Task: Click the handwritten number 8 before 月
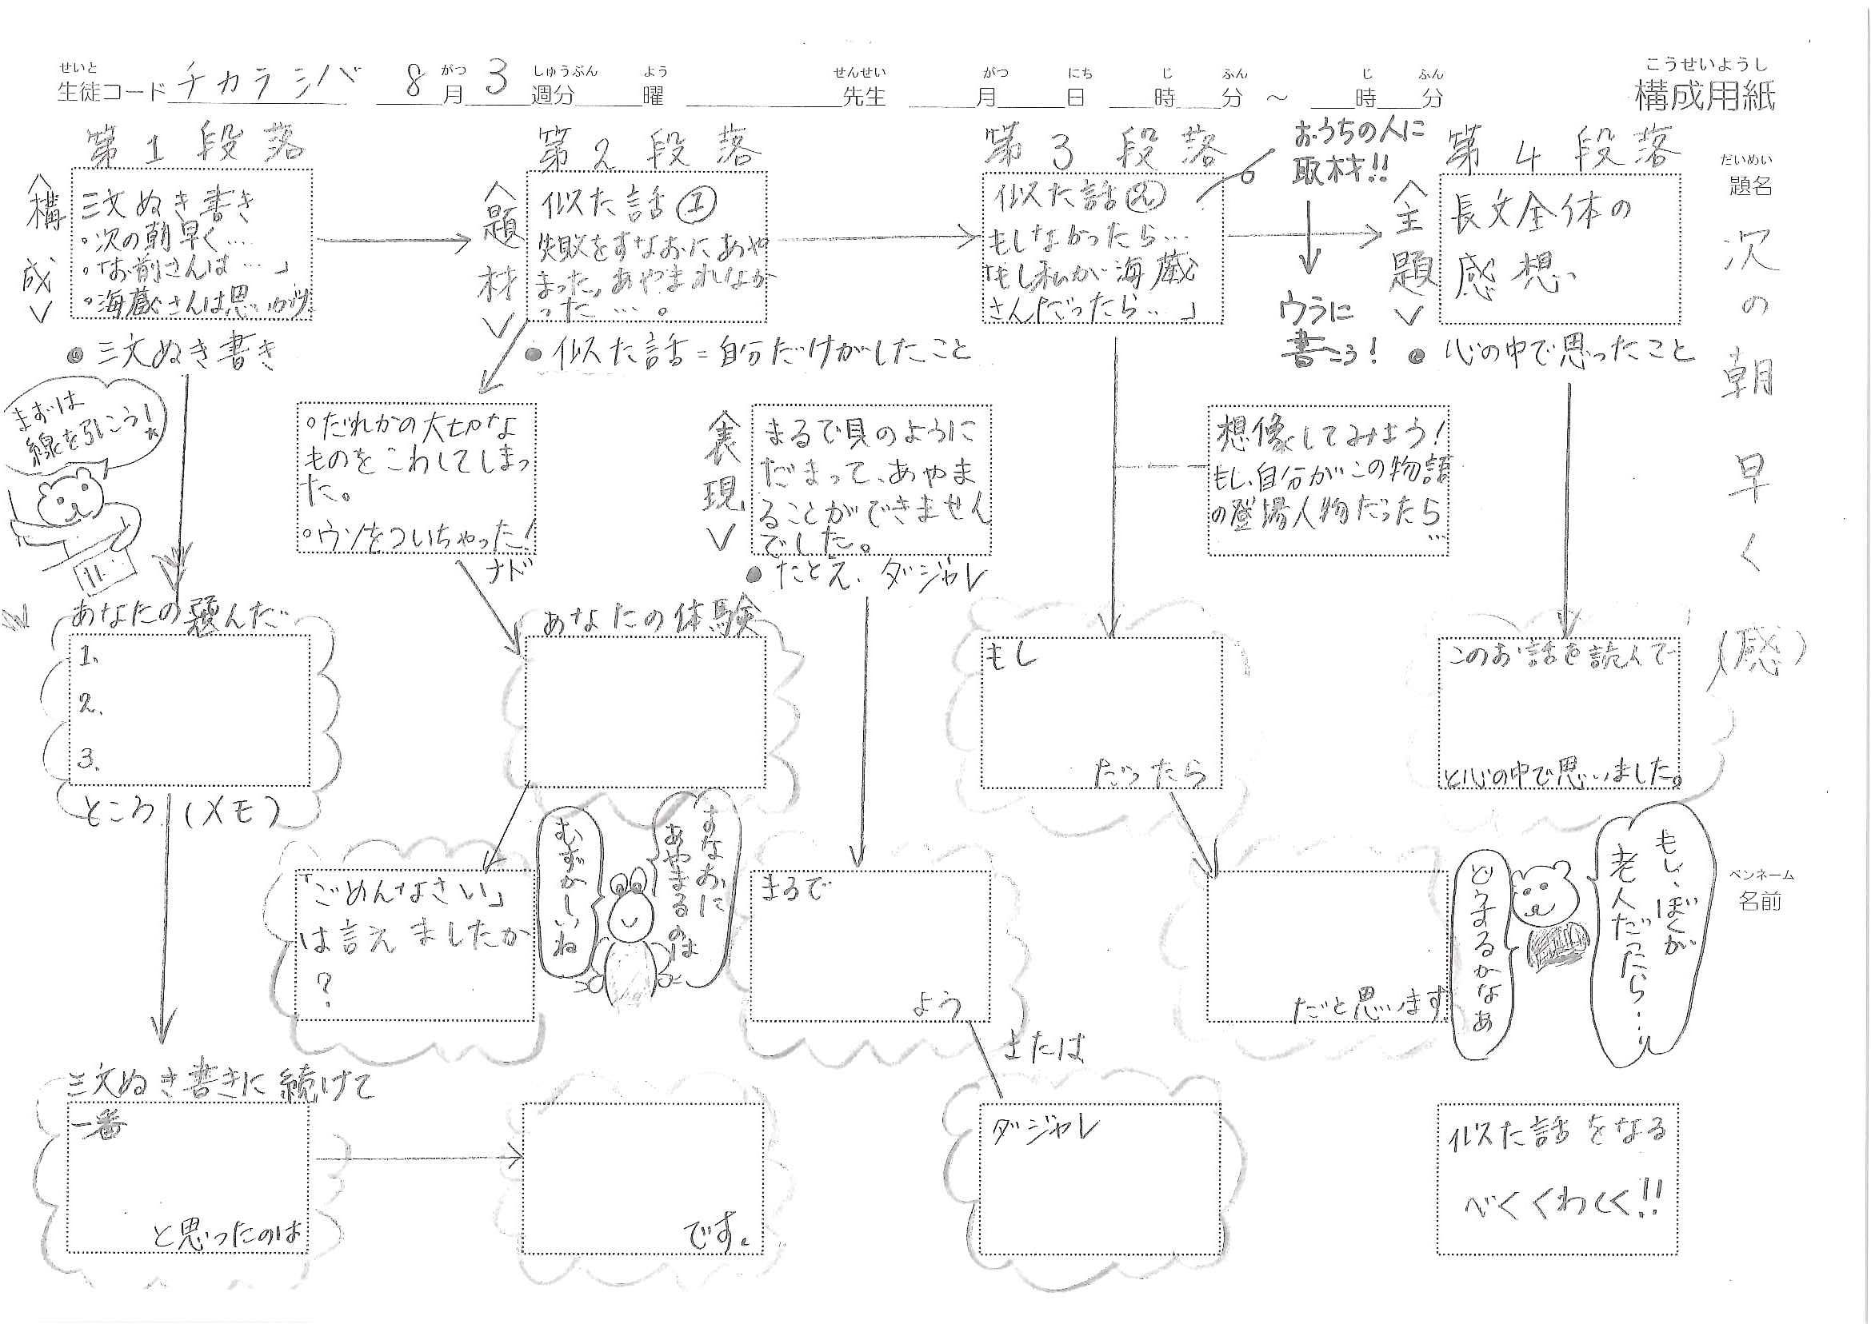(x=414, y=82)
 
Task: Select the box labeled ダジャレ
(x=1101, y=1178)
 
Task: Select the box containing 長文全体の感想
(x=1560, y=248)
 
